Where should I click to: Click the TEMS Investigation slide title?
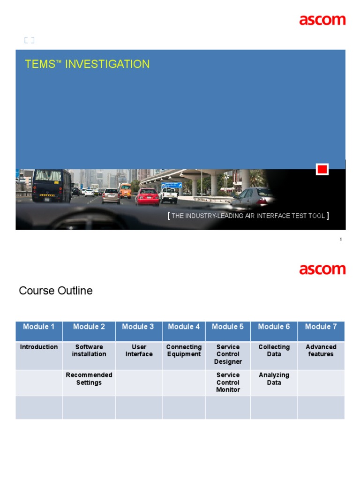pos(87,64)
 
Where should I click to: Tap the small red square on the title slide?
pos(322,170)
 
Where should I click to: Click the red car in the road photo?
pos(147,197)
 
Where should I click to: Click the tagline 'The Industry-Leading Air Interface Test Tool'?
pos(248,216)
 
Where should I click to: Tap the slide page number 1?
pos(341,240)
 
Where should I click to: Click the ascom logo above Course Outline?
pos(322,270)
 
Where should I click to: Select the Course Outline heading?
pos(56,291)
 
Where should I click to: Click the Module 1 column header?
pos(39,327)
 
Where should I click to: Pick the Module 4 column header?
pos(184,327)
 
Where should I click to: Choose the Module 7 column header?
pos(321,327)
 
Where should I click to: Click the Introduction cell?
pos(39,347)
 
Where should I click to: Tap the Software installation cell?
pos(89,351)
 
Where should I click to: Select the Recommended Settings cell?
pos(89,379)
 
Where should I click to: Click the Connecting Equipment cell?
pos(184,351)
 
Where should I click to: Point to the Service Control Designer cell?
pos(228,354)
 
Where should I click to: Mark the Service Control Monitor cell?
pos(228,382)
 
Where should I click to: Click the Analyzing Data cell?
pos(274,379)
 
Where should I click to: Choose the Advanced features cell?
pos(321,351)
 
